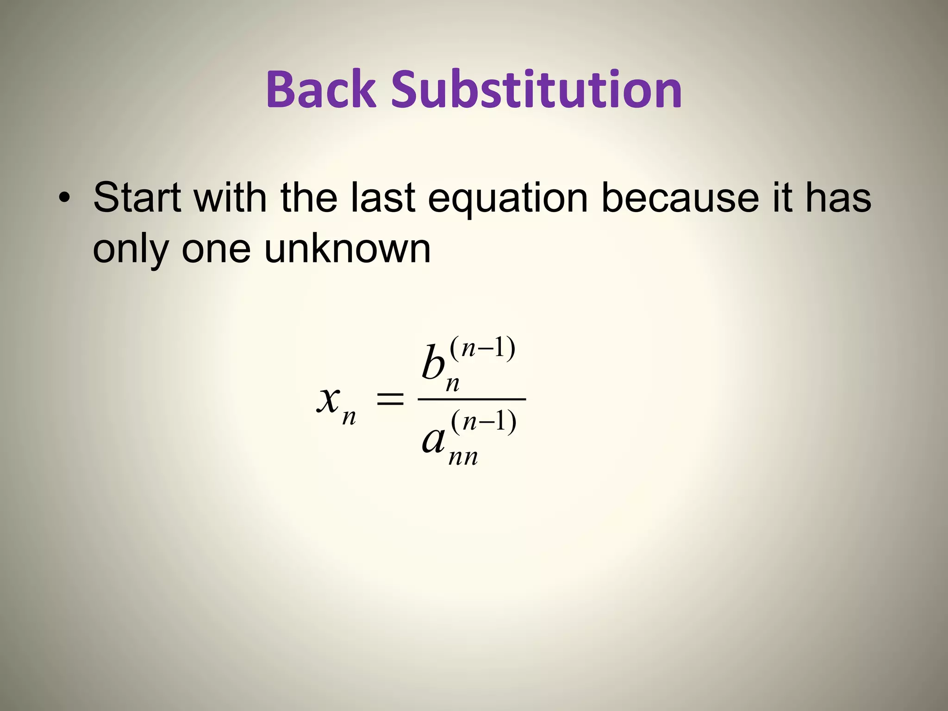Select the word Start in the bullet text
(x=137, y=198)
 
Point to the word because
(x=680, y=198)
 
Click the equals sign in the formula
(x=390, y=399)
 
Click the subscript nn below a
(x=463, y=457)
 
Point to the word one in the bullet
(x=216, y=249)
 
